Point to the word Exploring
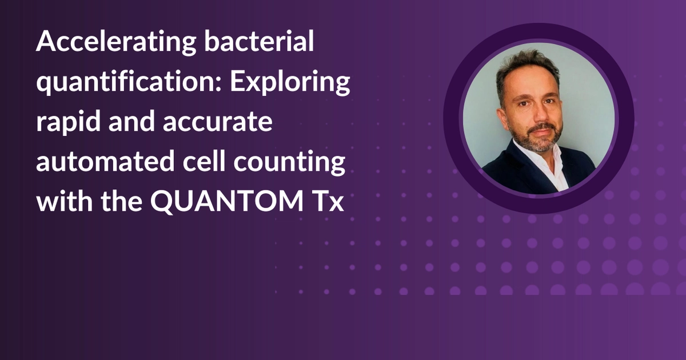[291, 84]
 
